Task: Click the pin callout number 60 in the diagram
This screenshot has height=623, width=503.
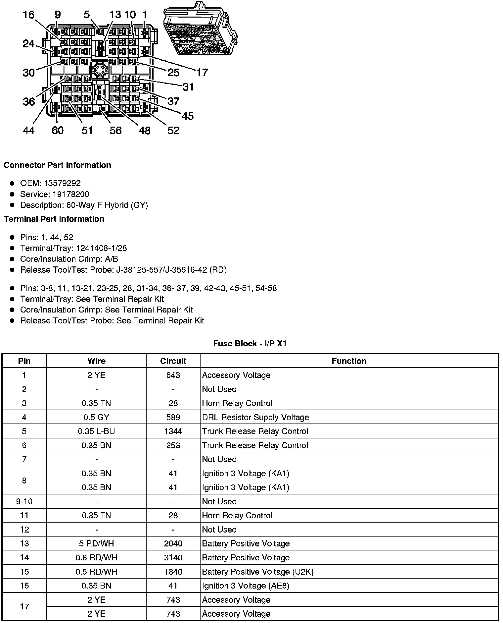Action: click(x=57, y=130)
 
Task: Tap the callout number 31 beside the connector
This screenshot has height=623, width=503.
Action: click(x=188, y=87)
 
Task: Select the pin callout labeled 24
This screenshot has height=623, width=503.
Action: click(x=29, y=43)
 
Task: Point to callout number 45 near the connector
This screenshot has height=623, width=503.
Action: click(x=188, y=116)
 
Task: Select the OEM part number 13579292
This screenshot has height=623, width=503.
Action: click(x=62, y=183)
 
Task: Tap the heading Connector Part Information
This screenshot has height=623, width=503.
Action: click(x=57, y=165)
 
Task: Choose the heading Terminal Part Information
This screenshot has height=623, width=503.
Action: click(x=54, y=219)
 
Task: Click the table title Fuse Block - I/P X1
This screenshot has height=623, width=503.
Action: click(x=250, y=344)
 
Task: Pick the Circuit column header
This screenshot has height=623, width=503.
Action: click(x=173, y=361)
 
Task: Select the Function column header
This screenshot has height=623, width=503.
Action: click(x=349, y=361)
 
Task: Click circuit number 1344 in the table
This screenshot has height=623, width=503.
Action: click(x=173, y=431)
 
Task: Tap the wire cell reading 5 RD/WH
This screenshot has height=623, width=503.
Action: click(x=96, y=543)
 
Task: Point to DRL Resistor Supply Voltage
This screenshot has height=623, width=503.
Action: click(x=255, y=417)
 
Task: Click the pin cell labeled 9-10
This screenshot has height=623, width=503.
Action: click(x=24, y=501)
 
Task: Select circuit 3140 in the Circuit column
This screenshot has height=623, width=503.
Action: click(x=173, y=558)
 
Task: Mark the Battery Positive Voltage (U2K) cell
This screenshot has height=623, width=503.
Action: click(x=258, y=572)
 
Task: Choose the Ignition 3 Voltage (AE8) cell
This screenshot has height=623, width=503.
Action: click(x=246, y=586)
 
